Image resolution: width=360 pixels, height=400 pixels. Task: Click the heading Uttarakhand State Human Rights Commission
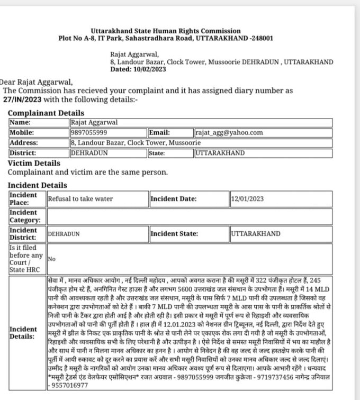[165, 31]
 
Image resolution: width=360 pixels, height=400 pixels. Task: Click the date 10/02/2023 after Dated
[150, 69]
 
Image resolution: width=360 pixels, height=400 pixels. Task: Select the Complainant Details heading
[46, 113]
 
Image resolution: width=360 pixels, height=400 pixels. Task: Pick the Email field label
[159, 133]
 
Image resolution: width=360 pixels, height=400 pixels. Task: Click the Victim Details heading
[34, 163]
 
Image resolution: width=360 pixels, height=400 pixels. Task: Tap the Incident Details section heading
[38, 185]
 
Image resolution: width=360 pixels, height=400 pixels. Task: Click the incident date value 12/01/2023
[248, 199]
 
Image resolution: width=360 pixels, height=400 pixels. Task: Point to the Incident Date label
[174, 199]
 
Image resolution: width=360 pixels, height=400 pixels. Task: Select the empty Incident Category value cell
[190, 216]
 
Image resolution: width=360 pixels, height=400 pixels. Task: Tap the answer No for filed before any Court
[52, 259]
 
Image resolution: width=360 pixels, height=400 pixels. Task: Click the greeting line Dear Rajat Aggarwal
[36, 82]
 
